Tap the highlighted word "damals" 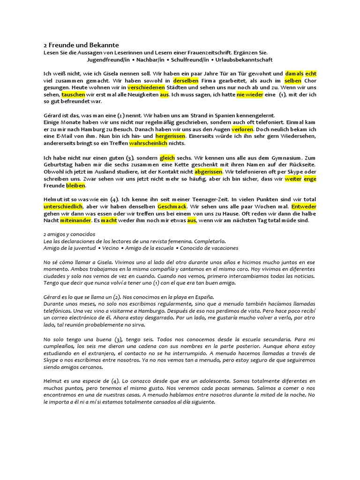tap(294, 74)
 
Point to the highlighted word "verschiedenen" tap(146, 87)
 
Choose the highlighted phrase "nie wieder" tap(250, 94)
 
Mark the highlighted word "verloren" tap(242, 129)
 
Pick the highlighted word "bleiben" tap(75, 186)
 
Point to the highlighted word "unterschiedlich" tap(63, 206)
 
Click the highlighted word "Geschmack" tap(172, 206)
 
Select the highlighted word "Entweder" tap(304, 206)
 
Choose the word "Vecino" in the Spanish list tap(110, 248)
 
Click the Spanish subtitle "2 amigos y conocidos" tap(69, 234)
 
